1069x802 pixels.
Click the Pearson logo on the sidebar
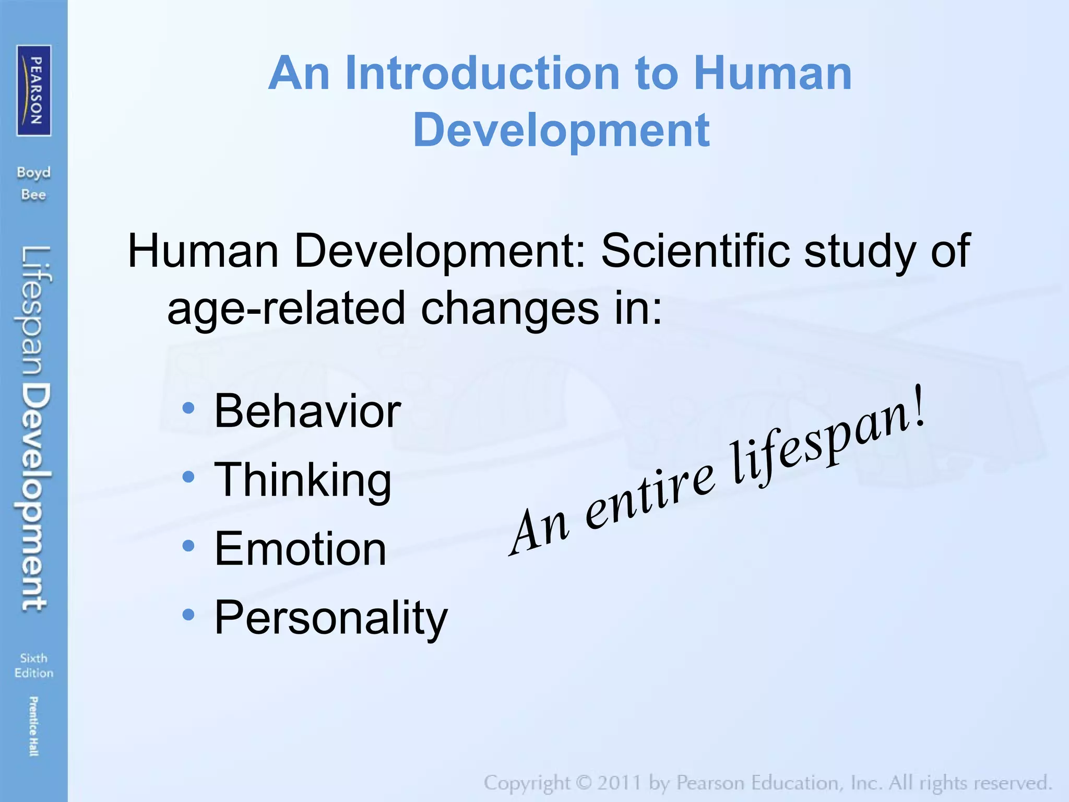coord(34,90)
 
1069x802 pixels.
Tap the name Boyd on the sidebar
coord(33,172)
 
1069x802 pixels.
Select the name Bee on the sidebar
coord(33,195)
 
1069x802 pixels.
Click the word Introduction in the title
coord(482,74)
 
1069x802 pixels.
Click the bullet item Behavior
coord(307,411)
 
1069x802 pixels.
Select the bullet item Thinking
coord(303,480)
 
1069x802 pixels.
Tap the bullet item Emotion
coord(300,548)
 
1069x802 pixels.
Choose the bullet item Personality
coord(331,617)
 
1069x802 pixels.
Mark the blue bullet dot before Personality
coord(188,615)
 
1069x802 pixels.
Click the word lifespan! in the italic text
coord(827,444)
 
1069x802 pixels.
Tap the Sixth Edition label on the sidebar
coord(33,665)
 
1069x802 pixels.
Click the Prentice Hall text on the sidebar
coord(33,726)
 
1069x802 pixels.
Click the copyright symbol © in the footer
coord(584,783)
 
